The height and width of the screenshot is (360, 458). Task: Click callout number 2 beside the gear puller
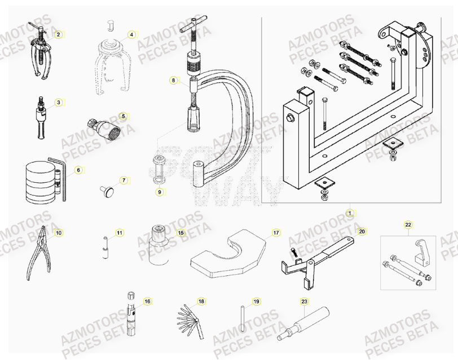tap(58, 34)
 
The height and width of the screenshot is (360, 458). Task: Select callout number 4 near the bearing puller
tap(131, 34)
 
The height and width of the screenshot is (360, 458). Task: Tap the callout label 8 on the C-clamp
tap(174, 81)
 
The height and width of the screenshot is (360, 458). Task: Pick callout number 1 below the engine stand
tap(350, 213)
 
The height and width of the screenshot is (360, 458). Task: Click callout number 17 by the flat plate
tap(276, 232)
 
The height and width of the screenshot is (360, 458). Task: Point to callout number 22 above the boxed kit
tap(408, 225)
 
